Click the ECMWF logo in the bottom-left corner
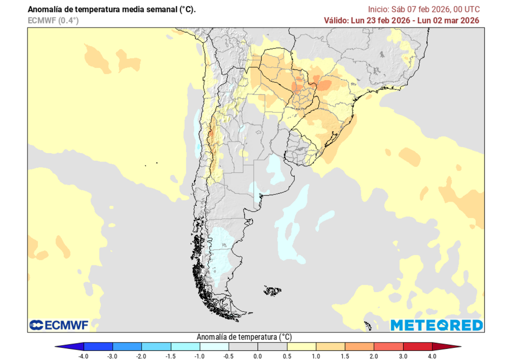coord(58,325)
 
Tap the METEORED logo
coord(436,325)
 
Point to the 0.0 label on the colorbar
coord(257,356)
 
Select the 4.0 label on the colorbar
coord(431,356)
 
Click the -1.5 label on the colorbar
coord(171,356)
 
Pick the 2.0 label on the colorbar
coord(373,356)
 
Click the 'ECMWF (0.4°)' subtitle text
coord(53,20)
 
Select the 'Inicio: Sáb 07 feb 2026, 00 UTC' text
coord(423,9)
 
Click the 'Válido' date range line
coord(402,20)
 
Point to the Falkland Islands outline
coord(273,290)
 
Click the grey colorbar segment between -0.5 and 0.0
coord(243,346)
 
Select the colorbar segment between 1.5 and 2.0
coord(359,346)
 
